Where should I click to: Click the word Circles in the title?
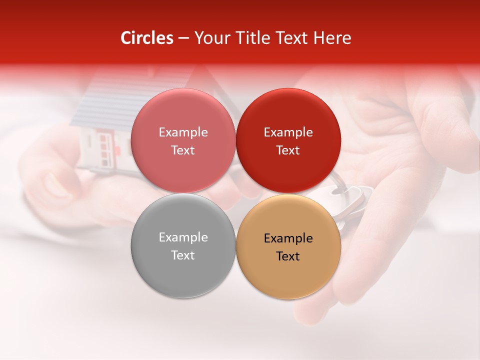147,38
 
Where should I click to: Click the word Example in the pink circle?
183,132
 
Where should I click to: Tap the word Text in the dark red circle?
288,150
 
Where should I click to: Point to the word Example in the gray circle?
183,237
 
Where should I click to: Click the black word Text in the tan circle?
288,256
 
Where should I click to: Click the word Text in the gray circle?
183,255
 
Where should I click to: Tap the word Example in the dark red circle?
288,132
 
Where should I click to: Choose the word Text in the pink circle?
183,150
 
